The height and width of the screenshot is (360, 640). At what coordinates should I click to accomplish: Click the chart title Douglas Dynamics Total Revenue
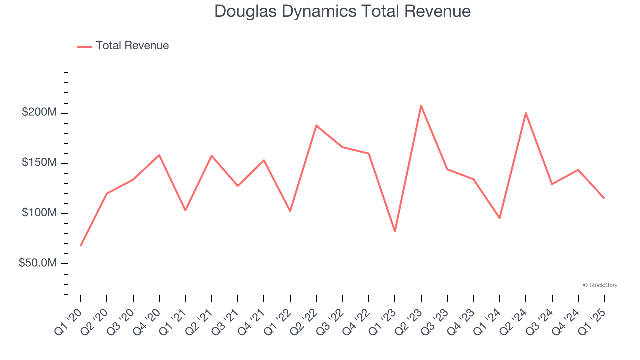click(x=342, y=11)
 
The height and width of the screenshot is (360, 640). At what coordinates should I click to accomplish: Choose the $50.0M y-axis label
click(x=38, y=263)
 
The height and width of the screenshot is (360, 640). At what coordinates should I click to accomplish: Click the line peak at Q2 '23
click(x=421, y=105)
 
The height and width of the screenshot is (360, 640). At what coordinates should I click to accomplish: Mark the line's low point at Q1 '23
click(x=395, y=231)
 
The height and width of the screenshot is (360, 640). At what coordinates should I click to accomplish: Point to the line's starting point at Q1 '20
click(x=81, y=245)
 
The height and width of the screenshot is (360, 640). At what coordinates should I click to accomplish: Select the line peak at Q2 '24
click(x=526, y=113)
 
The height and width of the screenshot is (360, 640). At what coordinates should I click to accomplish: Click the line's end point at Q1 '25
click(x=604, y=198)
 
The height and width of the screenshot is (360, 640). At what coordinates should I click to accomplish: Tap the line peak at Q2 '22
click(x=316, y=125)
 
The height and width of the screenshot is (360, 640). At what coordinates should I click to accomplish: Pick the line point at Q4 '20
click(x=159, y=155)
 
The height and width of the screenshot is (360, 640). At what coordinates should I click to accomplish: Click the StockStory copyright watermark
click(x=600, y=285)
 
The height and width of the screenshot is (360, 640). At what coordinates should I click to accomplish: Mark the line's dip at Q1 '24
click(x=499, y=218)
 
